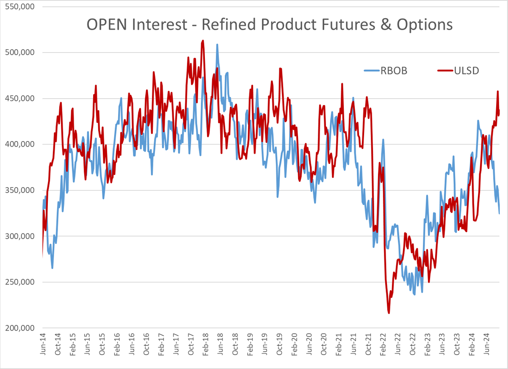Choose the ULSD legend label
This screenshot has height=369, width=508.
[x=465, y=71]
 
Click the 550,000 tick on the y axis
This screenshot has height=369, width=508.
[x=20, y=7]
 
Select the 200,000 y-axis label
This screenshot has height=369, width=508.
[x=20, y=327]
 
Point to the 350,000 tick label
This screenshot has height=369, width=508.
[x=20, y=190]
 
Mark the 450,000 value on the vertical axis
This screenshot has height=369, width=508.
[x=20, y=99]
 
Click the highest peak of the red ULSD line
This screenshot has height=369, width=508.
[x=203, y=41]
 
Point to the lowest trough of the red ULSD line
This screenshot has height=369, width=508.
[x=389, y=313]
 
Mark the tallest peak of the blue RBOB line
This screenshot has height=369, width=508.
[x=217, y=44]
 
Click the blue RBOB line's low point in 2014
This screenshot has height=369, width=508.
[x=52, y=268]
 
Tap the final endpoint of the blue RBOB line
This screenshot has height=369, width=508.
[x=500, y=214]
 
